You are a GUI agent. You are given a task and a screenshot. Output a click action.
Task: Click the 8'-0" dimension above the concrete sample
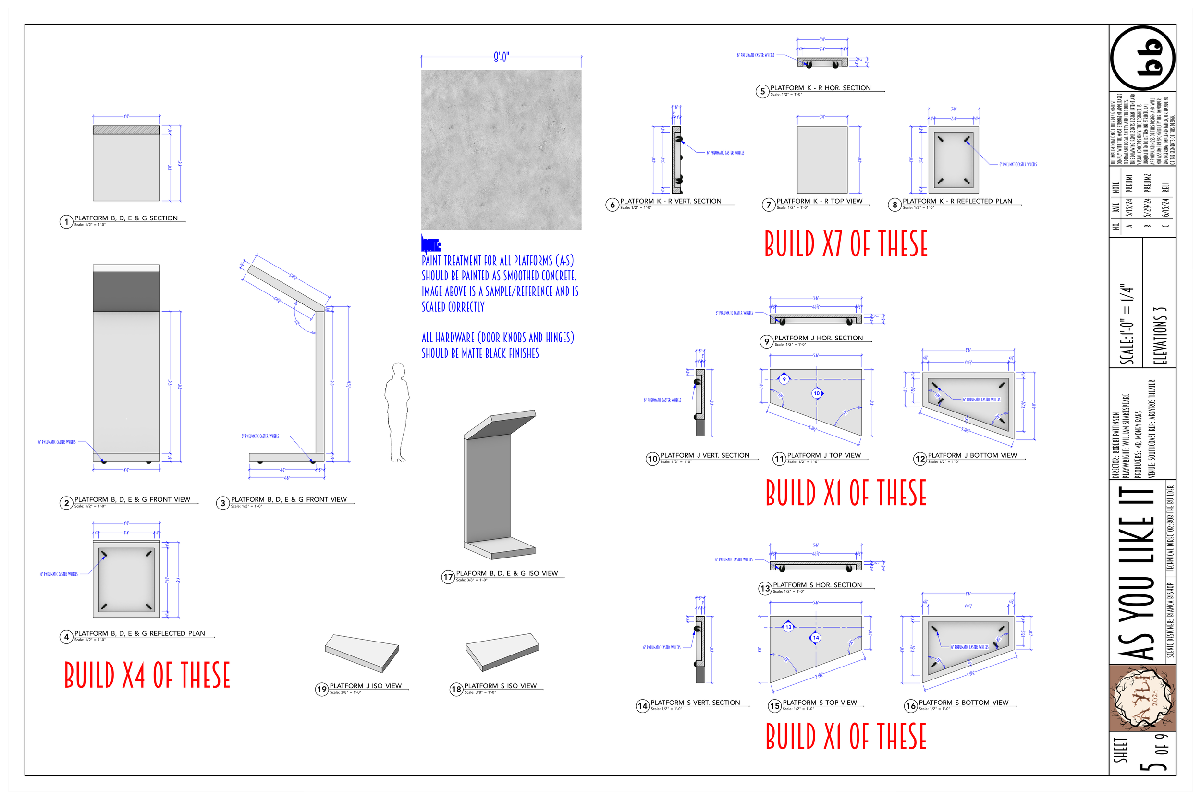pyautogui.click(x=501, y=57)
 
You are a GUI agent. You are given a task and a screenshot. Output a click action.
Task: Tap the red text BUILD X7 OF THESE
pyautogui.click(x=845, y=244)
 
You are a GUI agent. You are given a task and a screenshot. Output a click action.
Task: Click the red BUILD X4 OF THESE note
pyautogui.click(x=147, y=675)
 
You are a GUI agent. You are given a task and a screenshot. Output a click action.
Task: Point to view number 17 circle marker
pyautogui.click(x=448, y=577)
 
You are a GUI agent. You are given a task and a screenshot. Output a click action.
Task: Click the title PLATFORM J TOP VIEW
pyautogui.click(x=823, y=455)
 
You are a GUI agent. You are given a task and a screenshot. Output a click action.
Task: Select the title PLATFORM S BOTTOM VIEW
pyautogui.click(x=963, y=703)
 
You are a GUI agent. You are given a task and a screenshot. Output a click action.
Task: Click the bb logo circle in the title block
pyautogui.click(x=1142, y=58)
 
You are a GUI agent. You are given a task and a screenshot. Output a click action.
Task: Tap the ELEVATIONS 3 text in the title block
pyautogui.click(x=1160, y=335)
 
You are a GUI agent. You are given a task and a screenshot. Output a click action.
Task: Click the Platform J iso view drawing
pyautogui.click(x=362, y=652)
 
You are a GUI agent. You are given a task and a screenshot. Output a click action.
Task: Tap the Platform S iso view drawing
pyautogui.click(x=502, y=652)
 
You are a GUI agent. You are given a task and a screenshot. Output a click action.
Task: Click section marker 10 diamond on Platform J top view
pyautogui.click(x=817, y=393)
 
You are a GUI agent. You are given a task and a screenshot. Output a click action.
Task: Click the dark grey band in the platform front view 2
pyautogui.click(x=126, y=291)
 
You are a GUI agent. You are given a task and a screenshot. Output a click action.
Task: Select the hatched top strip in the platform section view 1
pyautogui.click(x=126, y=130)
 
